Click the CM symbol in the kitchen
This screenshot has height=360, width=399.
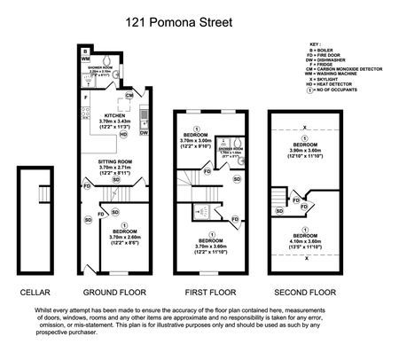pos(129,95)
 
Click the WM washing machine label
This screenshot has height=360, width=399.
pos(85,60)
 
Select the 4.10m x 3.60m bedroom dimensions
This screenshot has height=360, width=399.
pos(304,236)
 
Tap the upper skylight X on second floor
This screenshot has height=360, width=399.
pos(304,126)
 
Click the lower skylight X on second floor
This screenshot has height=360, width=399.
pos(304,259)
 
